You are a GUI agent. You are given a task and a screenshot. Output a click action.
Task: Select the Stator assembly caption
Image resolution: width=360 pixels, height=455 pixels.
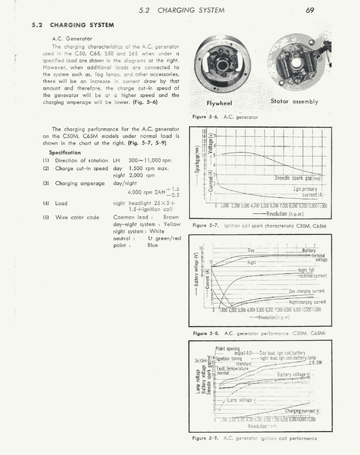tap(294, 102)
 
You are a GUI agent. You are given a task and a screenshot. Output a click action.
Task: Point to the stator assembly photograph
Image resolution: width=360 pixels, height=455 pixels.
tap(294, 63)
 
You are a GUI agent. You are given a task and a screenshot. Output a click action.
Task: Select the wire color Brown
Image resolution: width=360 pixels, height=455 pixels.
tap(171, 217)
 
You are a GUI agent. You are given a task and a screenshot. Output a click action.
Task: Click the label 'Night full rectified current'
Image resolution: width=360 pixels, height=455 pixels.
tap(311, 273)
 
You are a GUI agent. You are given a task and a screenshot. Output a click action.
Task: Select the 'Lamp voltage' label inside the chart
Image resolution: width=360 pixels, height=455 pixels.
tap(241, 400)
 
